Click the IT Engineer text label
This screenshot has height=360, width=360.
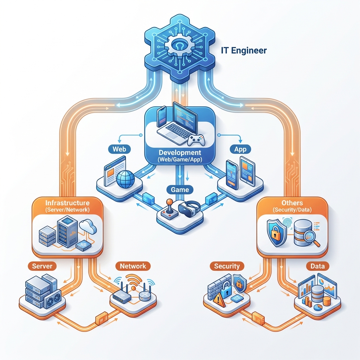pos(244,50)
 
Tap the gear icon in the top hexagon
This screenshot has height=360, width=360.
pos(180,46)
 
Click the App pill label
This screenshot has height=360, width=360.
pos(240,149)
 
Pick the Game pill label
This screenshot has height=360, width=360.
pos(180,189)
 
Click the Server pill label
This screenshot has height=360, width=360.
pos(42,266)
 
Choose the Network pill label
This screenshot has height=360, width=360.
pos(133,266)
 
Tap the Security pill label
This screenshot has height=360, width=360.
pos(227,266)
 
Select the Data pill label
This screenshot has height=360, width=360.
pos(315,266)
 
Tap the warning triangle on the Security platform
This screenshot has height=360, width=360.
pos(219,300)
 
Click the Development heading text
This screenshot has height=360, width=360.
pos(180,153)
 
